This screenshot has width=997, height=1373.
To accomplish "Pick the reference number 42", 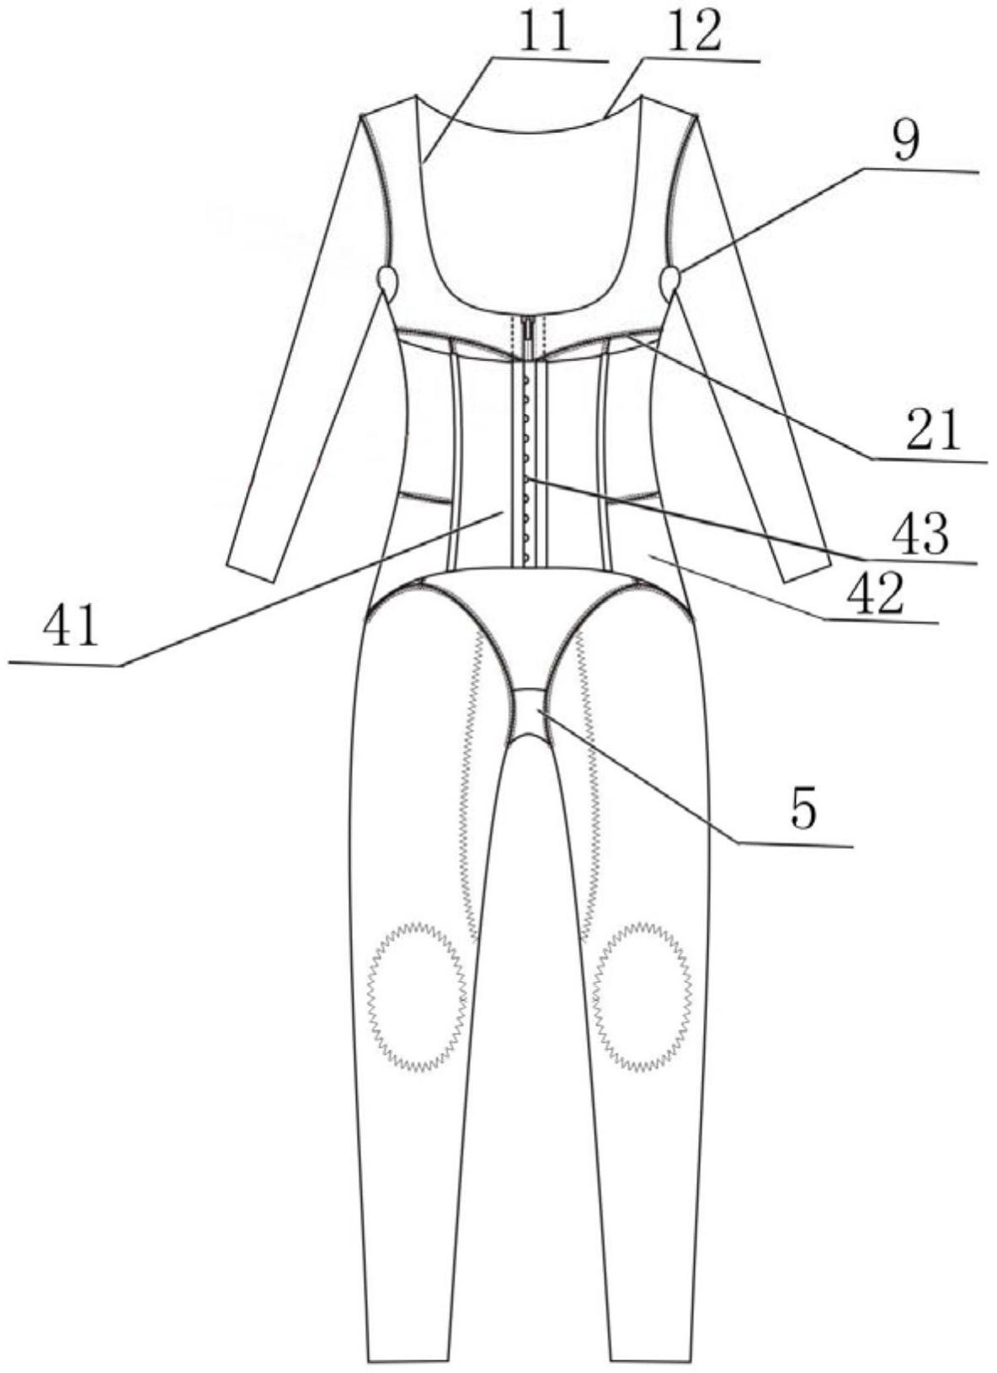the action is pos(877,595).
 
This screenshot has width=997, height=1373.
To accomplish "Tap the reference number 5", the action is pos(802,809).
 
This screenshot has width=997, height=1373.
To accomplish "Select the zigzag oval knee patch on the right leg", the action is pos(642,996).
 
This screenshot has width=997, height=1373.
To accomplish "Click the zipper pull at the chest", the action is pos(529,327).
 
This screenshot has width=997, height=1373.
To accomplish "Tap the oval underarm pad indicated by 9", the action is pos(671,280).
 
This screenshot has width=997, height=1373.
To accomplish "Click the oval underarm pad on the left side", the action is pos(388,280).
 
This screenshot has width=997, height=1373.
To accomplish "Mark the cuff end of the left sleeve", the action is pos(251,571).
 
